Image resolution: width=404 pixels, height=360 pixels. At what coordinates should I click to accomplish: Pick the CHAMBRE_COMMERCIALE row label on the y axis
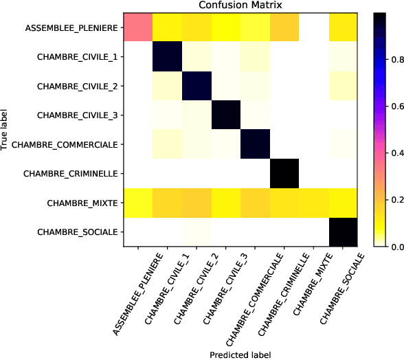[x=70, y=145]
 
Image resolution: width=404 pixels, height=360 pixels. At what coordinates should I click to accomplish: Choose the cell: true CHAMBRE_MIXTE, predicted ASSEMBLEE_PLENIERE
[x=137, y=204]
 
